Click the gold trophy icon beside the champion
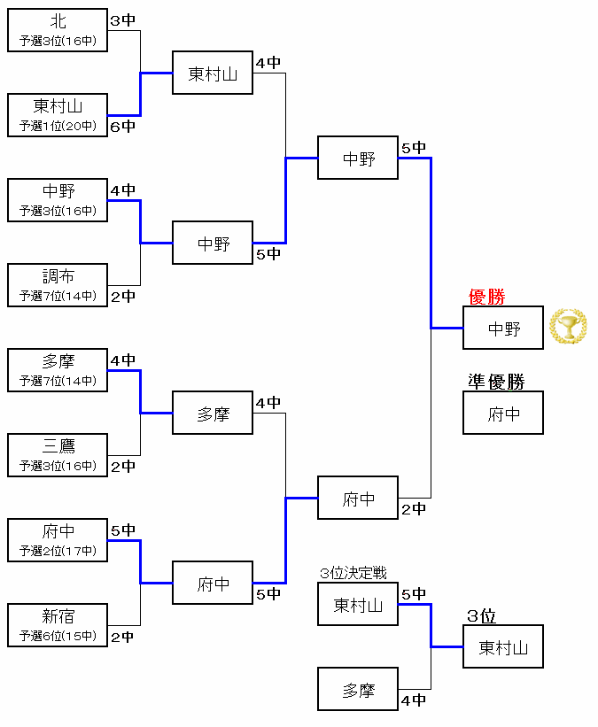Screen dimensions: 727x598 click(568, 327)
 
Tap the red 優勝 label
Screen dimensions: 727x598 click(486, 298)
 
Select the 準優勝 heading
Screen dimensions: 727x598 click(496, 382)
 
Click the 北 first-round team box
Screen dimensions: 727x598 click(58, 30)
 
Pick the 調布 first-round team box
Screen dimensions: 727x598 click(58, 285)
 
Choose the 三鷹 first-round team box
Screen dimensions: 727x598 click(58, 455)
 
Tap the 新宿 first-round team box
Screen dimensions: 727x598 click(58, 625)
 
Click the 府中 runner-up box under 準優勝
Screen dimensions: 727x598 click(503, 414)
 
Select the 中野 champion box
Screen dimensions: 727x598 click(503, 329)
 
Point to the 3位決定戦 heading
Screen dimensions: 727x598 click(353, 574)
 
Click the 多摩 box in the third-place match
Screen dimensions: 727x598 click(358, 690)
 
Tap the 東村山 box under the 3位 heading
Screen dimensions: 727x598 click(503, 647)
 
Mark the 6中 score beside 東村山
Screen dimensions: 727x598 click(122, 127)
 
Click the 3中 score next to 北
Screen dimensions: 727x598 click(122, 20)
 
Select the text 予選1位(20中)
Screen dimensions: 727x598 click(58, 126)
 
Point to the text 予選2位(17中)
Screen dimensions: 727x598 click(58, 551)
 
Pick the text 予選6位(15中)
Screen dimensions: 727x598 click(58, 636)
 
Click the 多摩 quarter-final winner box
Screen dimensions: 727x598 click(213, 414)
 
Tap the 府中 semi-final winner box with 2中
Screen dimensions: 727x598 click(358, 499)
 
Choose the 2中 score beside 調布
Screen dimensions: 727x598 click(122, 297)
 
